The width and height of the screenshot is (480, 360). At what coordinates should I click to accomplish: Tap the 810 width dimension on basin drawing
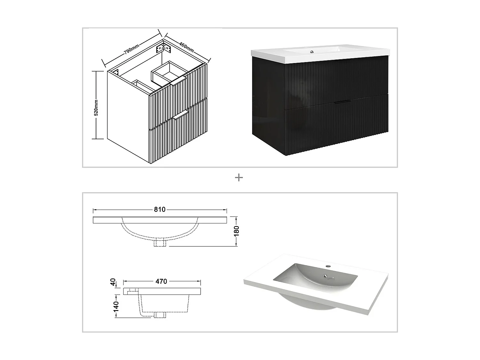point(160,210)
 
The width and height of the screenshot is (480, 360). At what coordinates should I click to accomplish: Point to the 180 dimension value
point(236,231)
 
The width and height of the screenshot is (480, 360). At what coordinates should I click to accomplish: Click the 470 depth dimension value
point(161,281)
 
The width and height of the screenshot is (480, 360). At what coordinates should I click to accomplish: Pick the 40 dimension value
point(113,282)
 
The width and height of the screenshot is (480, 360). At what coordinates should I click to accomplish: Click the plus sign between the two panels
point(239,178)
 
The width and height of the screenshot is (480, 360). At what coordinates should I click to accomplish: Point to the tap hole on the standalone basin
point(328,266)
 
